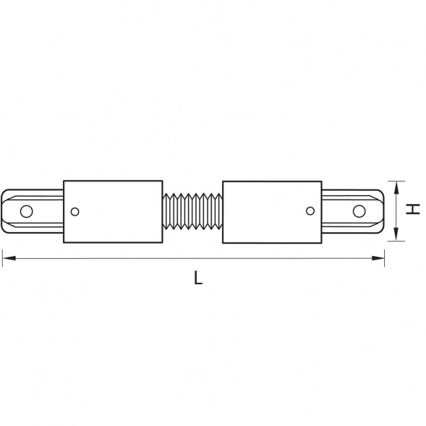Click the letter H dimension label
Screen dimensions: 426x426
pos(413,209)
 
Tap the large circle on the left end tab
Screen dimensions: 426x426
pos(26,211)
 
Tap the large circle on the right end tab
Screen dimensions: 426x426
pos(359,211)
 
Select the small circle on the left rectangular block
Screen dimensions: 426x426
pos(74,212)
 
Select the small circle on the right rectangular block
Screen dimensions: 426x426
pos(310,210)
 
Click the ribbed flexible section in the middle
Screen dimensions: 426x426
pos(192,211)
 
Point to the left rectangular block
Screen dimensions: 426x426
pos(113,211)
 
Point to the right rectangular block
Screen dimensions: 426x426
pos(272,212)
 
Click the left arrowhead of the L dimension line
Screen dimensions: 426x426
pos(8,258)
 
